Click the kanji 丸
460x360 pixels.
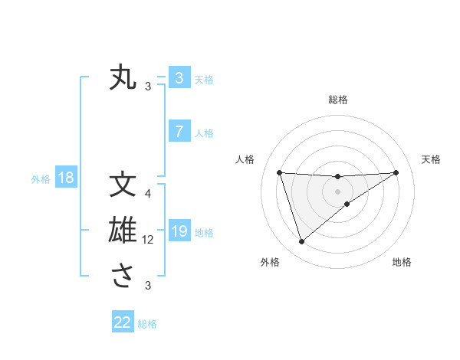point(123,77)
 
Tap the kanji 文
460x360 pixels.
point(123,185)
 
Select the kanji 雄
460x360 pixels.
point(123,231)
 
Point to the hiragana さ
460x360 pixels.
point(123,277)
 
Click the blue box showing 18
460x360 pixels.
point(66,178)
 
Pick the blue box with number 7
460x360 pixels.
point(179,132)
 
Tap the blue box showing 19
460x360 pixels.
point(179,231)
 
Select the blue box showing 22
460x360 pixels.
point(123,322)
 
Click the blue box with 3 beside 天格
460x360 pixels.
point(179,77)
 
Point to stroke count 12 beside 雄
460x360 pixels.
point(149,240)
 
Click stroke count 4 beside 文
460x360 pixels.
point(148,194)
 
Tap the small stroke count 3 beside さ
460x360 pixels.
point(148,286)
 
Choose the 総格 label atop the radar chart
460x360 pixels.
point(337,100)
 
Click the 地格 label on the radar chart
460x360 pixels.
point(402,262)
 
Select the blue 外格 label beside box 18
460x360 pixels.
point(41,179)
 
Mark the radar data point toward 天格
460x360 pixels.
point(396,172)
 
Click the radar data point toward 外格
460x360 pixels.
point(301,242)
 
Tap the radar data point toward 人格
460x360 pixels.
point(279,172)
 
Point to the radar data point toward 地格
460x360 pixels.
point(347,204)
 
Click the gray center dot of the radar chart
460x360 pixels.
point(337,191)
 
